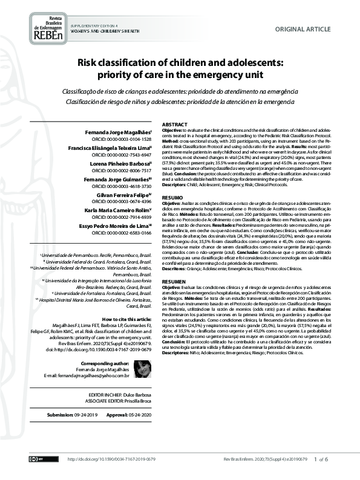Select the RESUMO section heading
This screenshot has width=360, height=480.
click(172, 198)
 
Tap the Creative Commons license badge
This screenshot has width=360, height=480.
click(38, 459)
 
